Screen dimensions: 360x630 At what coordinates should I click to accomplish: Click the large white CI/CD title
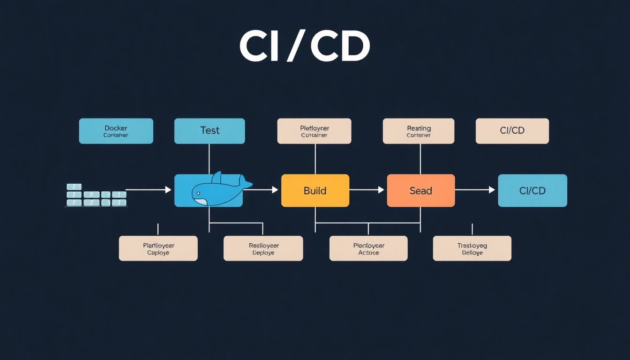(x=305, y=47)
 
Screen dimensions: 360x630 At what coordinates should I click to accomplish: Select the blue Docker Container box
(x=116, y=131)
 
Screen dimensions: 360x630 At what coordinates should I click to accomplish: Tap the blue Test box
(x=210, y=131)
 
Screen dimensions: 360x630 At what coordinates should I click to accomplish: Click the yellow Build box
(x=315, y=190)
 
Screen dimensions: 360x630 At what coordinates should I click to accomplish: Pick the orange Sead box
(x=420, y=190)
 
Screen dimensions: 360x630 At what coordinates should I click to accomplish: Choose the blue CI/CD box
(x=532, y=190)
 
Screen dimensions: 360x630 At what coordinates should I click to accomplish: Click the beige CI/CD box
(x=512, y=131)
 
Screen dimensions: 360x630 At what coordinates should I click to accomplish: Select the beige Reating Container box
(x=419, y=131)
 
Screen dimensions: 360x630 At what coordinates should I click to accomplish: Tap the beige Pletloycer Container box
(x=314, y=131)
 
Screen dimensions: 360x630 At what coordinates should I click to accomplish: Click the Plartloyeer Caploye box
(x=158, y=248)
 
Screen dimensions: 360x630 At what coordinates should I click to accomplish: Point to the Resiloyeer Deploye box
(x=263, y=248)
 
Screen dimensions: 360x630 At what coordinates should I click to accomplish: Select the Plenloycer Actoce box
(x=368, y=248)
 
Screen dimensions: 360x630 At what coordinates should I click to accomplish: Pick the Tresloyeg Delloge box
(x=472, y=248)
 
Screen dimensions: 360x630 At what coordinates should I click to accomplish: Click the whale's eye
(x=198, y=192)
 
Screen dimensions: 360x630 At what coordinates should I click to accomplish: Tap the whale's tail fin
(x=245, y=182)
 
